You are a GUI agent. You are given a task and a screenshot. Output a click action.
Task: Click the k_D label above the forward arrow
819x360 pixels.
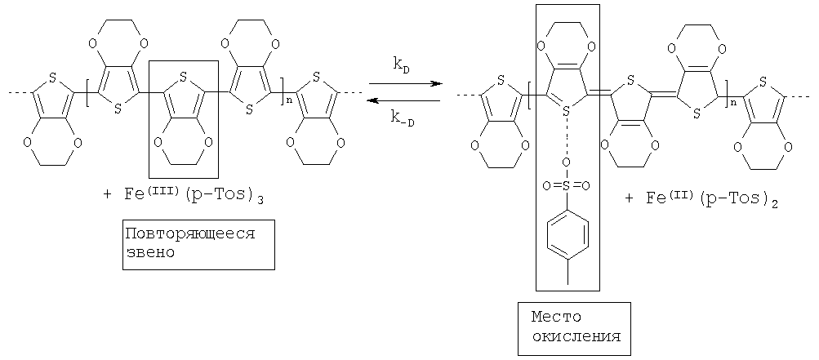[401, 68]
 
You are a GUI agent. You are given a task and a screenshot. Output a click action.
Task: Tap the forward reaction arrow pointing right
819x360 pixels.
[404, 83]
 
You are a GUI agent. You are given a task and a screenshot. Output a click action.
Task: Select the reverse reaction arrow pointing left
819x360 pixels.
[404, 101]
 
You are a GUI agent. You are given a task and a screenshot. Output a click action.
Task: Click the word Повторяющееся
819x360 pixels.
[190, 233]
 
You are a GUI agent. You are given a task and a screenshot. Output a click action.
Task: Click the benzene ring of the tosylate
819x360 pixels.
[568, 233]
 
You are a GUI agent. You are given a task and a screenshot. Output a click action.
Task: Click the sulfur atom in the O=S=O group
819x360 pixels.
[568, 186]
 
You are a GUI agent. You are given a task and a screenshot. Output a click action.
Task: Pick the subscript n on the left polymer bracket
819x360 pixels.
[284, 100]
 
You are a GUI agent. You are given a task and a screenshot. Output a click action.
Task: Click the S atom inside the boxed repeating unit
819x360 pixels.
[183, 78]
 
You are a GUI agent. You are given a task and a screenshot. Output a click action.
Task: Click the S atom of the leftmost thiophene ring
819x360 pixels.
[52, 78]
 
